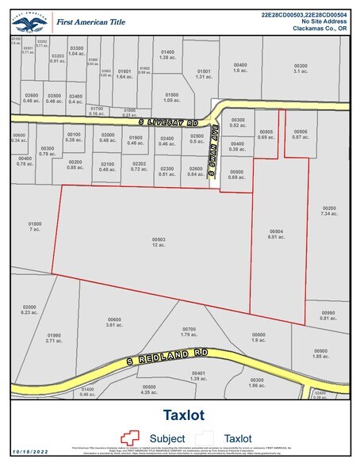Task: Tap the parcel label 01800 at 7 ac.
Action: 34,227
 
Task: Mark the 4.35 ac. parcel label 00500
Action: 149,389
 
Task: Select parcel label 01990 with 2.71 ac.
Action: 54,338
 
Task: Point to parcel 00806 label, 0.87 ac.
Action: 300,136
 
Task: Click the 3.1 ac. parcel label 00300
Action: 300,70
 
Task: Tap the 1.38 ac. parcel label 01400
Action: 167,55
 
